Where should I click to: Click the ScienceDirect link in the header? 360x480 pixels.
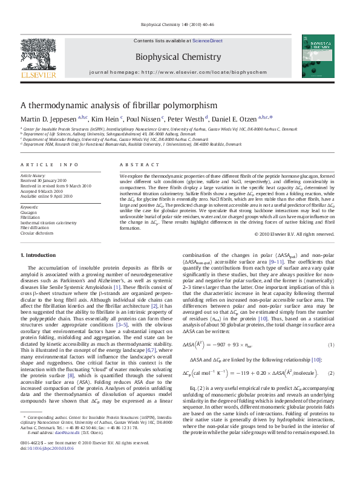click(x=207, y=41)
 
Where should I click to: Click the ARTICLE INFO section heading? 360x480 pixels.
click(x=50, y=164)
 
